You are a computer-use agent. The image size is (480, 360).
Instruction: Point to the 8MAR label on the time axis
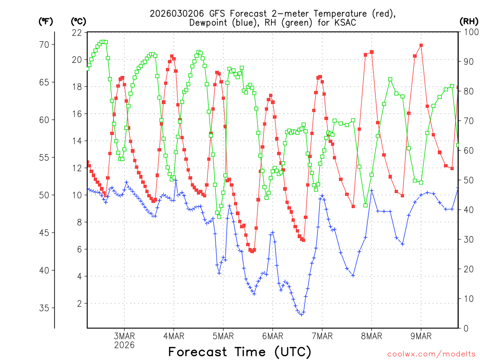coord(372,336)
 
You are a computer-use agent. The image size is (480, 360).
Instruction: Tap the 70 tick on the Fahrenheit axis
coord(47,45)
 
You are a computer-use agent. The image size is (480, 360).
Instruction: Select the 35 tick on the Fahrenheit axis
coord(47,308)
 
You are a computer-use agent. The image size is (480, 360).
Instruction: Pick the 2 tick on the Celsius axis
coord(79,304)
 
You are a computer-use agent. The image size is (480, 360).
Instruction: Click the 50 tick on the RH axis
coord(466,180)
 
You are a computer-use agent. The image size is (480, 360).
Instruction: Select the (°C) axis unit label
coord(79,21)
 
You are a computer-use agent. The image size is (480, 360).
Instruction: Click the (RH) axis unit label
coord(469,21)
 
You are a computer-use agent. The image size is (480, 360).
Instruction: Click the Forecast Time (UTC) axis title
coord(240,352)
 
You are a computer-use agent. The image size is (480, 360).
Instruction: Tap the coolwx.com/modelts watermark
coord(431,354)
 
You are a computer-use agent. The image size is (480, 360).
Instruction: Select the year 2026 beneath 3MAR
coord(124,345)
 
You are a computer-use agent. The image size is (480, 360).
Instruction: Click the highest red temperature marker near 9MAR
coord(421,45)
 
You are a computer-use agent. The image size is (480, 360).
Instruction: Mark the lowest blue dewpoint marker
coord(301,314)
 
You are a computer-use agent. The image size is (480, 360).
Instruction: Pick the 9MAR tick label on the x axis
coord(421,336)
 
